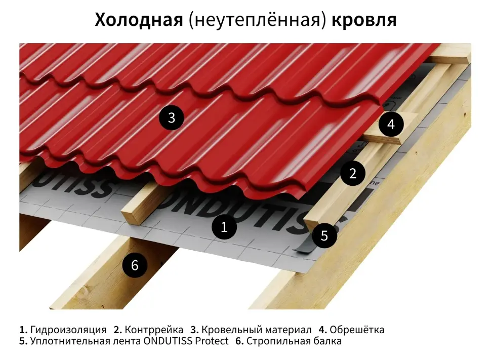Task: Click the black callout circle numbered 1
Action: coord(224,227)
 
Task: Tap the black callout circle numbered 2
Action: coord(353,173)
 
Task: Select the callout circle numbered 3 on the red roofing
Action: coord(171,117)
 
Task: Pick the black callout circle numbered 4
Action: coord(391,124)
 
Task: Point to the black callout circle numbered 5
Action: coord(324,235)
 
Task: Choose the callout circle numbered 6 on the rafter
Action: coord(135,265)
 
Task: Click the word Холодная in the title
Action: coord(139,20)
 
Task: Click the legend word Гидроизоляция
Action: coord(68,330)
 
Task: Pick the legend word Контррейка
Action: coord(154,330)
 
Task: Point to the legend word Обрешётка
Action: coord(357,330)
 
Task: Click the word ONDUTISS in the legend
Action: coord(168,341)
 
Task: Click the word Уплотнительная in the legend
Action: coord(70,341)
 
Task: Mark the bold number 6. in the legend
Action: coord(239,341)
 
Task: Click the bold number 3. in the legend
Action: coord(194,330)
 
